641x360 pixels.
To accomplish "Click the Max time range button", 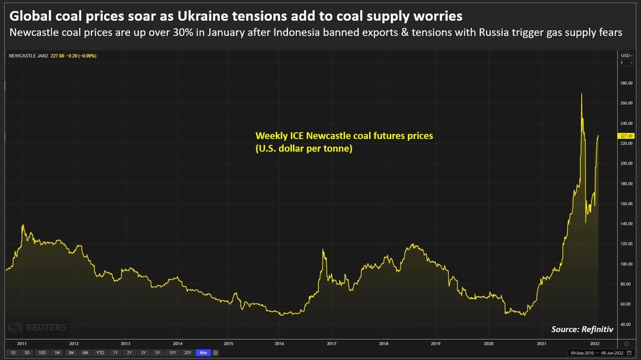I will [202, 353].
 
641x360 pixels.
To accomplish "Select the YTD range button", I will [100, 353].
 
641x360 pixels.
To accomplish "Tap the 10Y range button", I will [173, 353].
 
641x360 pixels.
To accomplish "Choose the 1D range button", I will [13, 353].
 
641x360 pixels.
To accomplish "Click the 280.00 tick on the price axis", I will [626, 83].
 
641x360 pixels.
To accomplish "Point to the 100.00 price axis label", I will [626, 264].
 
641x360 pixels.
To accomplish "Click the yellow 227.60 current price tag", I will [626, 136].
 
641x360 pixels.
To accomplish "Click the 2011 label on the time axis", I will [22, 343].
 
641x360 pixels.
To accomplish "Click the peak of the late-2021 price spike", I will [581, 94].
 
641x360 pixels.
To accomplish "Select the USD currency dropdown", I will [625, 56].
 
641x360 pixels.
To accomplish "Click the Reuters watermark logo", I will [37, 327].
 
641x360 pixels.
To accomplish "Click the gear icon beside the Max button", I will [215, 353].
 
